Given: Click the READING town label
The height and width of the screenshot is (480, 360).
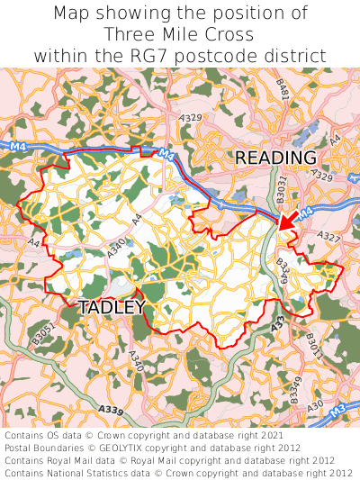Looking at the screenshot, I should coord(275,158).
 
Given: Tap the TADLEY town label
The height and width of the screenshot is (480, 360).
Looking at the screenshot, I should coord(112,307).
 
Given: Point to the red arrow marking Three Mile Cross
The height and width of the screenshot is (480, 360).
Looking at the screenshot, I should coord(288,220).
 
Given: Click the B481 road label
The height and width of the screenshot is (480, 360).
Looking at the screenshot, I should coord(283,89).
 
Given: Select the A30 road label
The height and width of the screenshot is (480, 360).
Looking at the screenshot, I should coord(315,406).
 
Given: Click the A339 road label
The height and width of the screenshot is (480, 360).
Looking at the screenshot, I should coord(112,410).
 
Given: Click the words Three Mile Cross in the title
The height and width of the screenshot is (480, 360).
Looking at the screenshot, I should coord(179,34).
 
